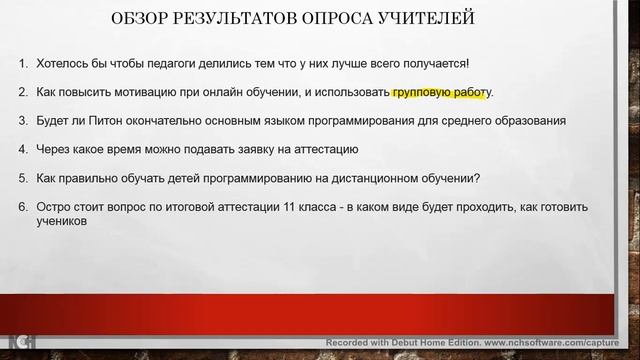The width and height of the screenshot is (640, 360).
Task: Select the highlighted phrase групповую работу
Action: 440,93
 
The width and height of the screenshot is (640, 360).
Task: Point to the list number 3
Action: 23,121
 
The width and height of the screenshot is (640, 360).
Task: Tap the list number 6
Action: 23,207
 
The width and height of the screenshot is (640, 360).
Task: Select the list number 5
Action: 23,179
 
